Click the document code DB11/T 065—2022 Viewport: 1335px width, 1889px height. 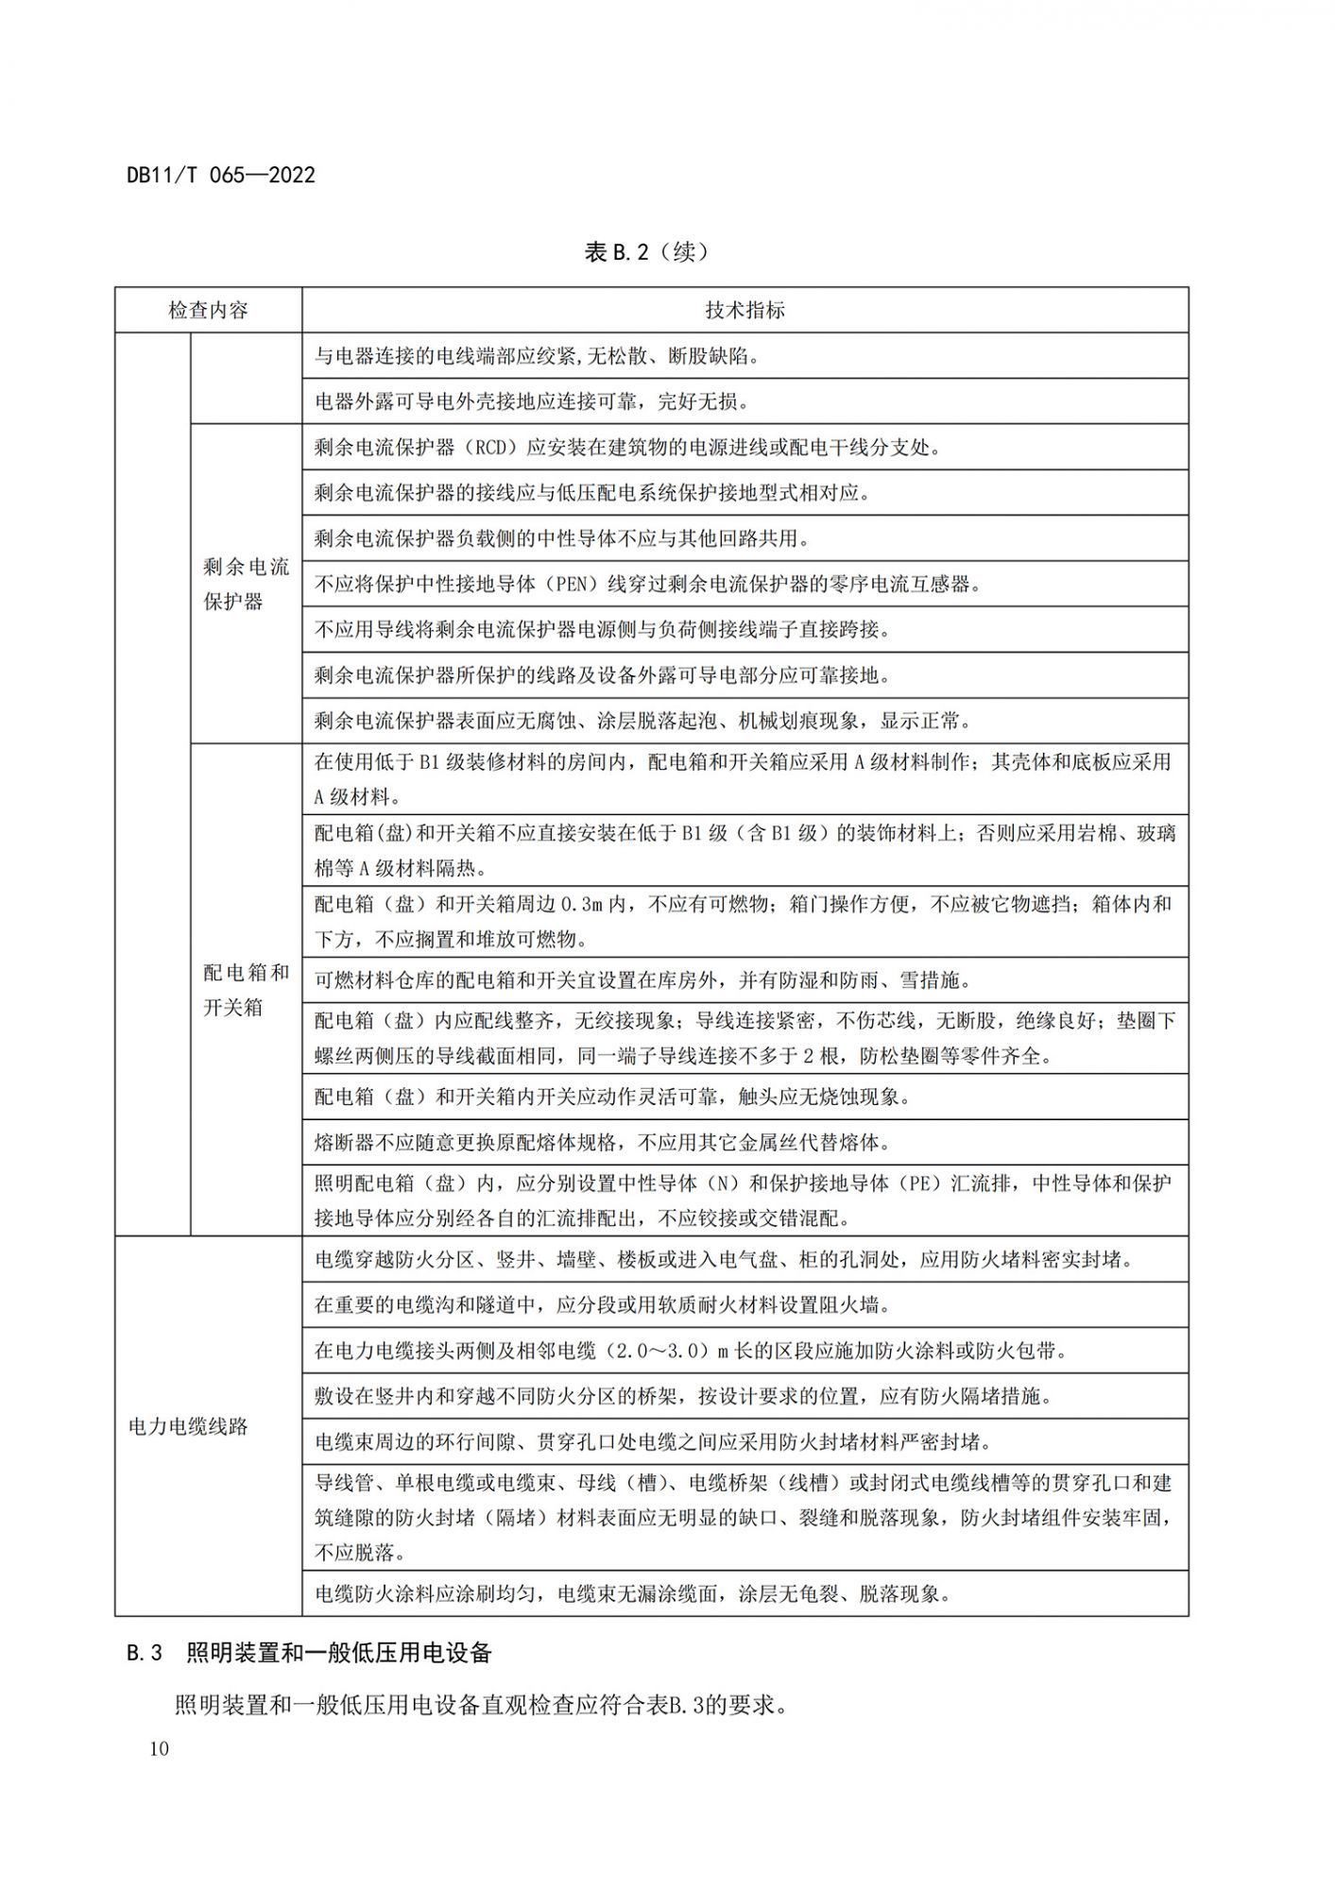[x=221, y=175]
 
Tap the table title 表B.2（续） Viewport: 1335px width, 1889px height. [x=647, y=252]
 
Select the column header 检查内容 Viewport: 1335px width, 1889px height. [x=208, y=310]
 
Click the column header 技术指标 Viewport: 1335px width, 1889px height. [x=745, y=310]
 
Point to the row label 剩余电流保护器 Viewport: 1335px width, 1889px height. [x=246, y=584]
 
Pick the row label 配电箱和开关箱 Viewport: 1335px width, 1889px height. [x=246, y=990]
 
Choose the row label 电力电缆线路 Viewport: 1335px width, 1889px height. [x=188, y=1426]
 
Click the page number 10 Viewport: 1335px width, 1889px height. [x=159, y=1749]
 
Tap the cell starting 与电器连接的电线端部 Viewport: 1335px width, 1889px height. [x=537, y=356]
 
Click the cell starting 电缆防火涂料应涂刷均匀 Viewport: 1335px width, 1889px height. [x=632, y=1594]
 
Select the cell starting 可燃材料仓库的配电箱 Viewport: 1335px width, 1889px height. [x=642, y=980]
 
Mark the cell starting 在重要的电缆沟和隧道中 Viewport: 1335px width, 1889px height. [x=602, y=1305]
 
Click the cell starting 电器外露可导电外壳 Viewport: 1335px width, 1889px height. [x=531, y=401]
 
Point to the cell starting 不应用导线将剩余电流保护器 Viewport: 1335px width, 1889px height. [x=602, y=630]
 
